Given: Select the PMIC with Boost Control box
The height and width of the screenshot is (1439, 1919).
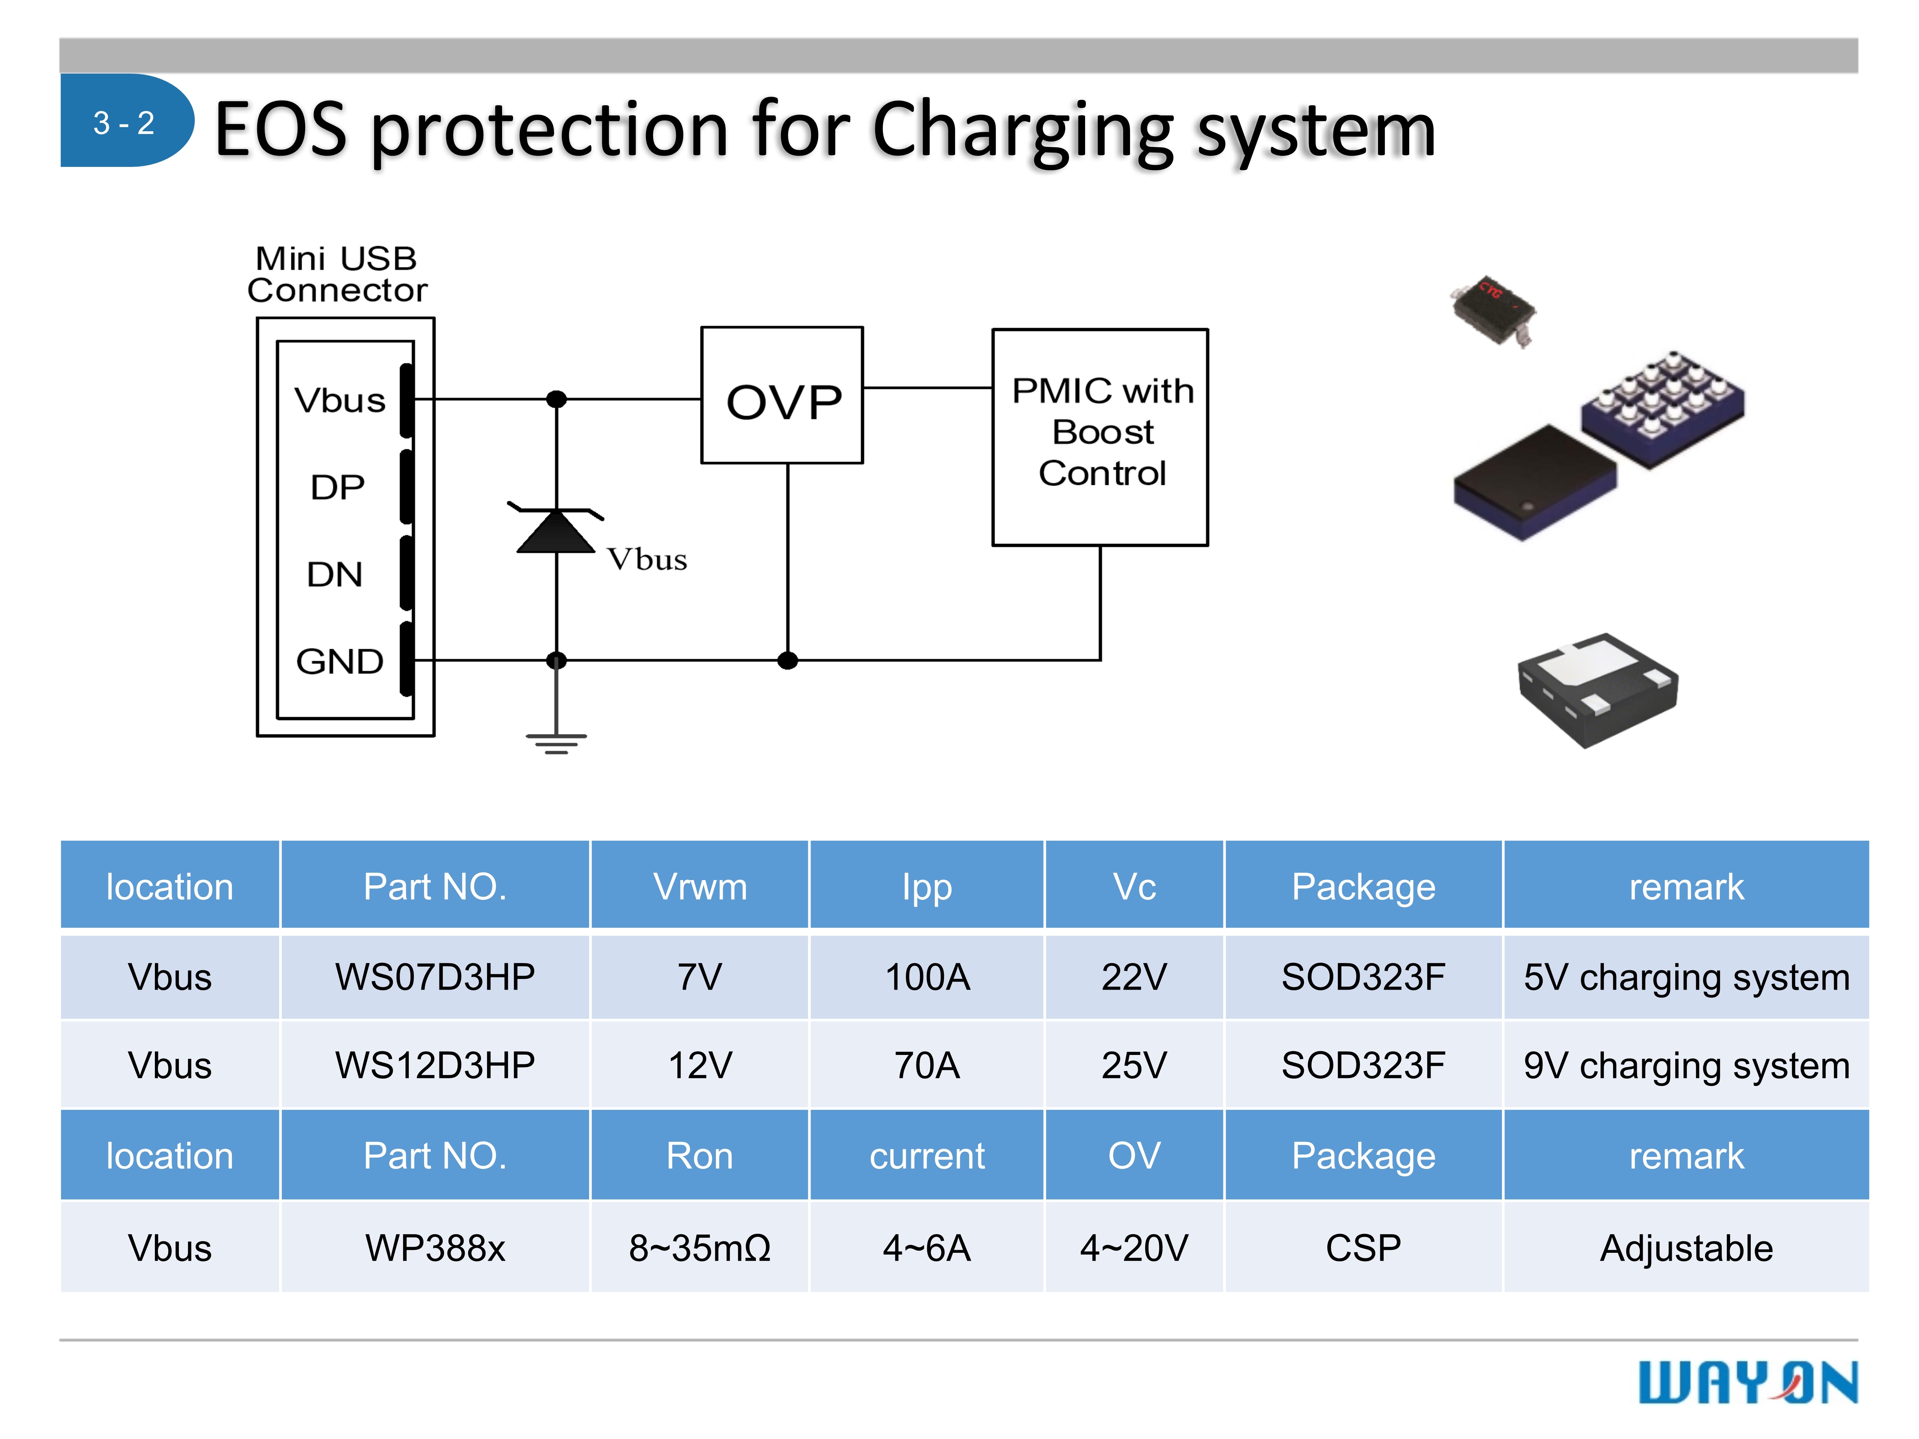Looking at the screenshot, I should (1100, 436).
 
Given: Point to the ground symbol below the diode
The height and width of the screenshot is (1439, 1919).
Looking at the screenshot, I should (556, 741).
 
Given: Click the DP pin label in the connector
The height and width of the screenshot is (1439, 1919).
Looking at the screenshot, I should (337, 487).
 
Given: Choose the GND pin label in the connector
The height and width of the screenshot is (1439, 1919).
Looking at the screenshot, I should (339, 662).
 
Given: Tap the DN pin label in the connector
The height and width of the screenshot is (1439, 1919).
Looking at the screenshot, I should (335, 574).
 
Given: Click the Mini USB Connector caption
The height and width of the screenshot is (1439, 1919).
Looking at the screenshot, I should (337, 274).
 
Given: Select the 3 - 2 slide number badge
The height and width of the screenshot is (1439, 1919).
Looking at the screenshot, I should (124, 122).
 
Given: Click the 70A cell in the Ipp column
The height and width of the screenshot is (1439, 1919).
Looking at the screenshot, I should (927, 1065).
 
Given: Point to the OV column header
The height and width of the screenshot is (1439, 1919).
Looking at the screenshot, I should (1134, 1155).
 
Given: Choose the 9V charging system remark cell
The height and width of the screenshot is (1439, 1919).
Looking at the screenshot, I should (1686, 1065).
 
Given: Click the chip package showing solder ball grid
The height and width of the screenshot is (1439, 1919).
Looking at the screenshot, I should (1662, 403).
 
